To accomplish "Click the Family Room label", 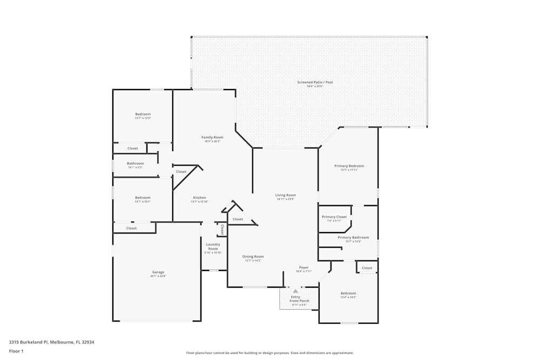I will click(212, 137).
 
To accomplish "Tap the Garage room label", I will click(158, 272).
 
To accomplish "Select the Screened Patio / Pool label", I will click(315, 83).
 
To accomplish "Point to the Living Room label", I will click(286, 195).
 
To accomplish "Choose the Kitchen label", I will click(199, 198).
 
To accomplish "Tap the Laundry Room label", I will click(213, 246).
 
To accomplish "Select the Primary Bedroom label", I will click(349, 166).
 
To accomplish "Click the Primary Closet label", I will click(334, 216).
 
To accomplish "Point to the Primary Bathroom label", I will click(353, 237).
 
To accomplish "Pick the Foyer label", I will click(304, 267).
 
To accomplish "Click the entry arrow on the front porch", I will click(295, 291).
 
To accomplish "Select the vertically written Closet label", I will click(222, 229).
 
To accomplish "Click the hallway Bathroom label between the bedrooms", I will click(136, 163).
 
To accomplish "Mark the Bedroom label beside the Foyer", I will click(348, 293).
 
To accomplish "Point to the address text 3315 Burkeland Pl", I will click(51, 342).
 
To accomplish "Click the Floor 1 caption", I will click(16, 351).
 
